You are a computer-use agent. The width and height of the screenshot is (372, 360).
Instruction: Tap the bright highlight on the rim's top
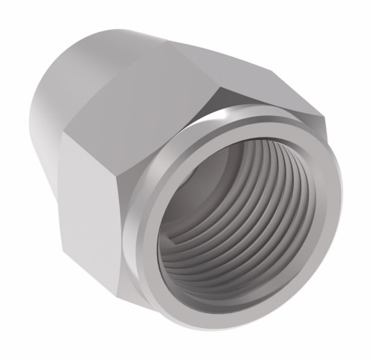pyautogui.click(x=223, y=119)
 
